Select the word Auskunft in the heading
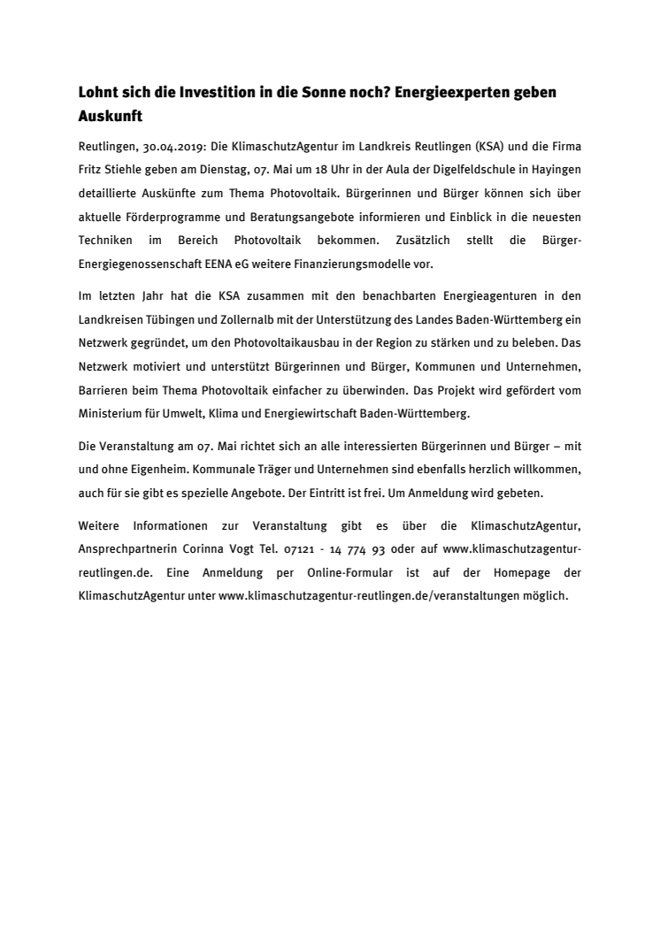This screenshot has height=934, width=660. (110, 116)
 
